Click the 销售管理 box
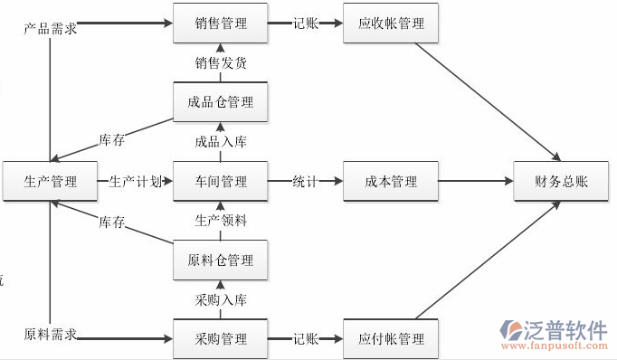coord(220,24)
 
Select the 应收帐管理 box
coord(391,24)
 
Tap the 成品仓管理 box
coord(220,102)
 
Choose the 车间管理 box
coord(220,181)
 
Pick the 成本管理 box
coord(391,181)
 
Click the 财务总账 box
coord(561,181)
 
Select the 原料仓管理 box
coord(220,261)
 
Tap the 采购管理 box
coord(220,339)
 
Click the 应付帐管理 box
coord(391,339)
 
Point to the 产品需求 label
coord(50,28)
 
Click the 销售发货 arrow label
coord(220,63)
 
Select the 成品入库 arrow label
coord(220,142)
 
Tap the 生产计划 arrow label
coord(135,181)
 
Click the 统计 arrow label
coord(305,181)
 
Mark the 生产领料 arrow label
coord(220,221)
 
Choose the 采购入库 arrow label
coord(220,299)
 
